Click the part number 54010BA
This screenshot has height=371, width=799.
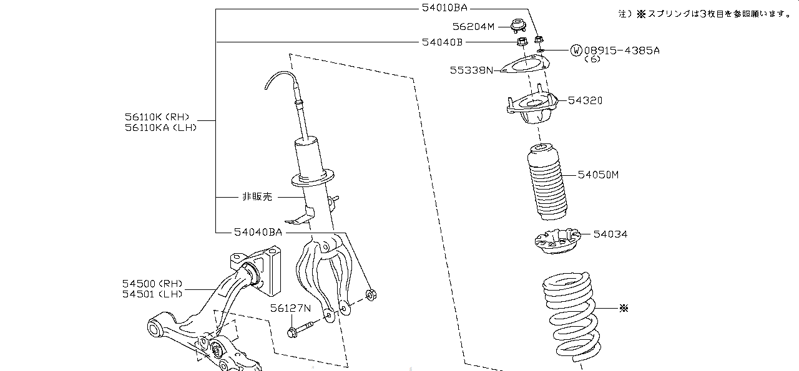pos(444,8)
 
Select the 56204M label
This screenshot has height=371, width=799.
pos(473,27)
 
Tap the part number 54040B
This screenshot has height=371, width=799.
pos(443,42)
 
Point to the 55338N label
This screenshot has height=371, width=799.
pos(471,70)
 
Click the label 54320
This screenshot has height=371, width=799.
pos(585,100)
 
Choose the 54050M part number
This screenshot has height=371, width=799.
pos(598,175)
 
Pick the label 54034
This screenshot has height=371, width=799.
pos(610,234)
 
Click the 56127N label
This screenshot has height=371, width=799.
pos(290,308)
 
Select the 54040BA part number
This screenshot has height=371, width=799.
pos(258,233)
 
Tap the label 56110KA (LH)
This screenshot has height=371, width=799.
pos(160,128)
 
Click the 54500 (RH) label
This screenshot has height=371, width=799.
pos(152,284)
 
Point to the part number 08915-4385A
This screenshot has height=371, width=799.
pos(622,51)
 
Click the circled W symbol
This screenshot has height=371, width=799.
pos(576,51)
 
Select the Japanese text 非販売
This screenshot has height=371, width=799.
pos(257,197)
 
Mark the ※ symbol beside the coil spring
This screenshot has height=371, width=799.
pos(624,308)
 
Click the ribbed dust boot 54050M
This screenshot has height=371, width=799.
pos(547,181)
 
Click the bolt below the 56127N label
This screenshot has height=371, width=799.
pos(300,329)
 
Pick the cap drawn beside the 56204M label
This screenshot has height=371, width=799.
pos(519,26)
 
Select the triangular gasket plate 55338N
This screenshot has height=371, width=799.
pos(524,64)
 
